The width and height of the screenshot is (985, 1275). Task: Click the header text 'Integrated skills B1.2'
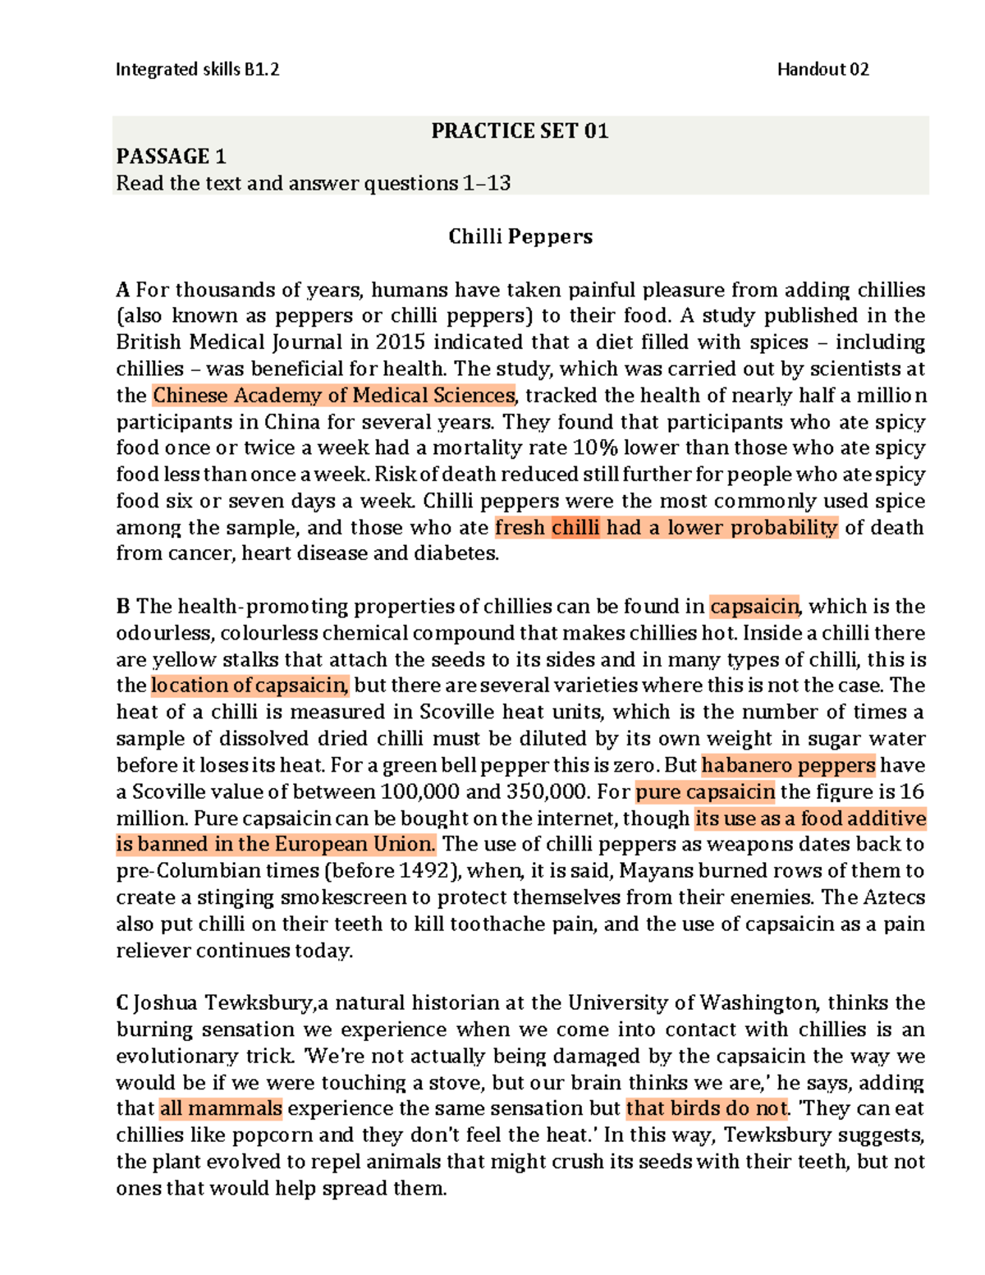[x=197, y=70]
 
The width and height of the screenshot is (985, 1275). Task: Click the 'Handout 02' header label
[x=822, y=70]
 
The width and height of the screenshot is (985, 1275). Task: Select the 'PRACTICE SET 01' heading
[x=520, y=131]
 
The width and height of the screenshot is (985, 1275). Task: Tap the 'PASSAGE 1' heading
[x=171, y=157]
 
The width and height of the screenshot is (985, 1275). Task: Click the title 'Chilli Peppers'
[x=520, y=237]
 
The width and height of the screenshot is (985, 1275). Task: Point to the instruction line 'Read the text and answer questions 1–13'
[x=313, y=183]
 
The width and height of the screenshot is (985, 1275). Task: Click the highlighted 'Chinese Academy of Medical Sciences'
[x=334, y=396]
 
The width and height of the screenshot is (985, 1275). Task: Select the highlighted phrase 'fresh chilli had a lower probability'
[x=666, y=528]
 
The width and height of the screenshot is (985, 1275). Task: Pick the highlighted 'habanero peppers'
[x=788, y=765]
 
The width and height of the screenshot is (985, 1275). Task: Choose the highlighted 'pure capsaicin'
[x=705, y=792]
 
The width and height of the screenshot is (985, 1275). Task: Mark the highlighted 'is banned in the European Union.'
[x=277, y=845]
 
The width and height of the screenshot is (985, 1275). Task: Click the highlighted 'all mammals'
[x=221, y=1109]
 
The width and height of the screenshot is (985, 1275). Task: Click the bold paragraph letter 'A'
[x=123, y=291]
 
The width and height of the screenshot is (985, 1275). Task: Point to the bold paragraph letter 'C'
[x=122, y=1003]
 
